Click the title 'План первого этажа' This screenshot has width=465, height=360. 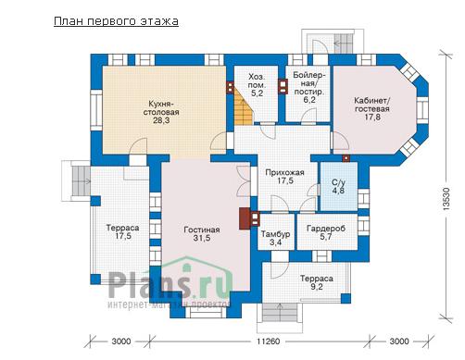point(116,21)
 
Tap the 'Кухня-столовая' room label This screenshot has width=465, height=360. point(161,107)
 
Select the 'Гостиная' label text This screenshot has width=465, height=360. point(202,230)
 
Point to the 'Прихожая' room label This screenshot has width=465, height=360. point(284,172)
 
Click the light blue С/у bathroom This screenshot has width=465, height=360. point(339,186)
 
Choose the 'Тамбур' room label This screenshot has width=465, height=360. point(276,234)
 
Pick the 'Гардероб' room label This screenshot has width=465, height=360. point(326,229)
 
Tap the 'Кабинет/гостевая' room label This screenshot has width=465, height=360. point(372,105)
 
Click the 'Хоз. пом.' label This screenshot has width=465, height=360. point(257,81)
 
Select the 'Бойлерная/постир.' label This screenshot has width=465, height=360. point(309,83)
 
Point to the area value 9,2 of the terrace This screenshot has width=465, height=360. point(317,287)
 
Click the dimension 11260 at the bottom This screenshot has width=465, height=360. point(269,341)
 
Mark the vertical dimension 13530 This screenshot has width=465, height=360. point(446,198)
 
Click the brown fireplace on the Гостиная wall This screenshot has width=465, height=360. point(245,218)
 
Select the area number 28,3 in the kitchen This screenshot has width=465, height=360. point(161,120)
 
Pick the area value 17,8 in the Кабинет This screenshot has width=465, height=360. point(372,118)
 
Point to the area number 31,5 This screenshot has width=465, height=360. point(202,238)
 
